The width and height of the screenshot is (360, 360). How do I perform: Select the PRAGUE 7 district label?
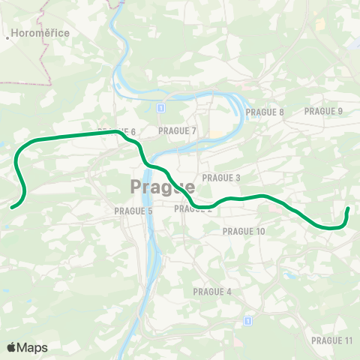pyautogui.click(x=177, y=130)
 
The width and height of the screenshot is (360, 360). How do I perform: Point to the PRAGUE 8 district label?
pyautogui.click(x=265, y=112)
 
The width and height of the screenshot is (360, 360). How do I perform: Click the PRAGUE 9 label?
pyautogui.click(x=323, y=111)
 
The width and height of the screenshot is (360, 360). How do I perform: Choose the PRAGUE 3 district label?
pyautogui.click(x=221, y=178)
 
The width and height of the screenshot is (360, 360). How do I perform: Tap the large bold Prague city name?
pyautogui.click(x=163, y=186)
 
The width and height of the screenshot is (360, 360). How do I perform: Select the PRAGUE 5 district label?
pyautogui.click(x=133, y=211)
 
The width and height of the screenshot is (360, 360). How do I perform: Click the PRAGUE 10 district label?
pyautogui.click(x=244, y=231)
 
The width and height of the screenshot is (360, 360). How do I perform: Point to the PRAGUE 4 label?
pyautogui.click(x=212, y=291)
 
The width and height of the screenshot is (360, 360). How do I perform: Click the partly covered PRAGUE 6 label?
pyautogui.click(x=120, y=132)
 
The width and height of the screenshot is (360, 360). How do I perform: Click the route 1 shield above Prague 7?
pyautogui.click(x=160, y=108)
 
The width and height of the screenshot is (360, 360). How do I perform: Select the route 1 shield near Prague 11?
pyautogui.click(x=247, y=321)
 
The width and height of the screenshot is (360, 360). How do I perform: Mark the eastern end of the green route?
pyautogui.click(x=348, y=209)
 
